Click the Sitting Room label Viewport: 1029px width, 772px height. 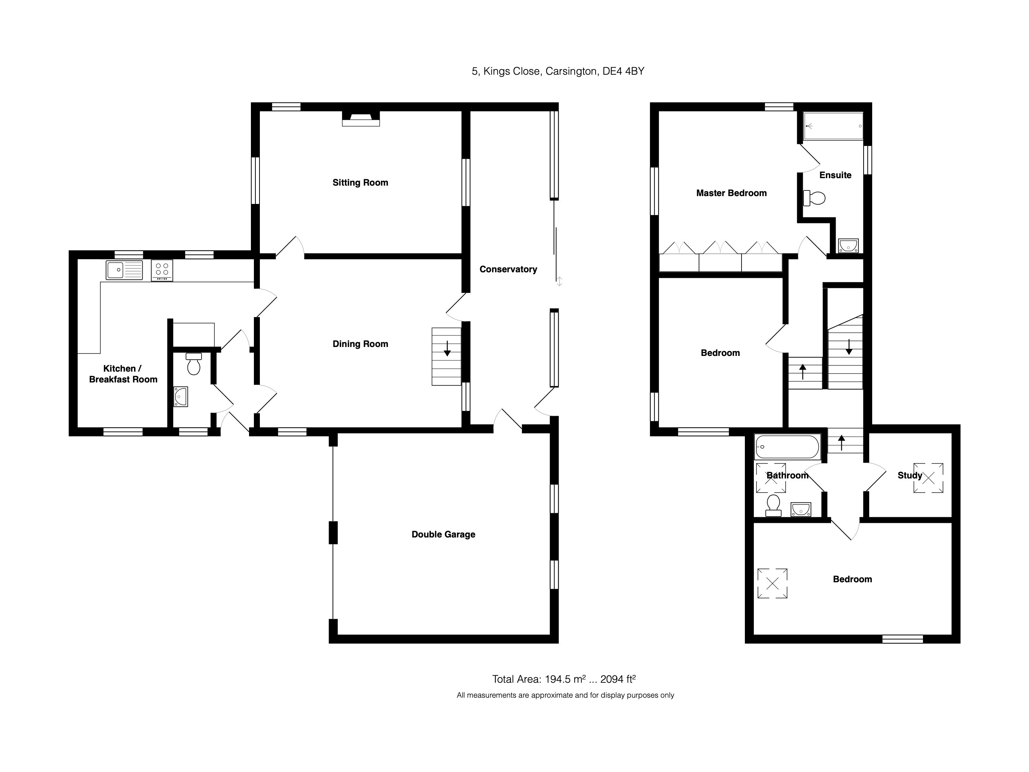pos(360,182)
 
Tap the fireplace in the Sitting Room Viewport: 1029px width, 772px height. pos(361,119)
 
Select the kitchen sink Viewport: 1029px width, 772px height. pos(124,270)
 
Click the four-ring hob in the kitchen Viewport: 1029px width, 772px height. pos(162,270)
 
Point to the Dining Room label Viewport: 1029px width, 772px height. pos(360,344)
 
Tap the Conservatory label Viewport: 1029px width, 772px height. pos(508,269)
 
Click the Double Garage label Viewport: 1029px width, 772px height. pos(443,534)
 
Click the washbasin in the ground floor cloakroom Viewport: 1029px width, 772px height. pos(180,397)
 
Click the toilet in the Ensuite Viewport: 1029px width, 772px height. pos(814,198)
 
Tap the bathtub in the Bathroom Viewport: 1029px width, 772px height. pos(787,447)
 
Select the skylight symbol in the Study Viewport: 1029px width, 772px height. pos(928,477)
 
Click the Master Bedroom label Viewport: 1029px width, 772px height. pos(731,193)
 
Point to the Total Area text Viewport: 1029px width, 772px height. pos(564,679)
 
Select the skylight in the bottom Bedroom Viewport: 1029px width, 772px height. pos(772,583)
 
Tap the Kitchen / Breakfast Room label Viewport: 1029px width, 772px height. pos(123,373)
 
